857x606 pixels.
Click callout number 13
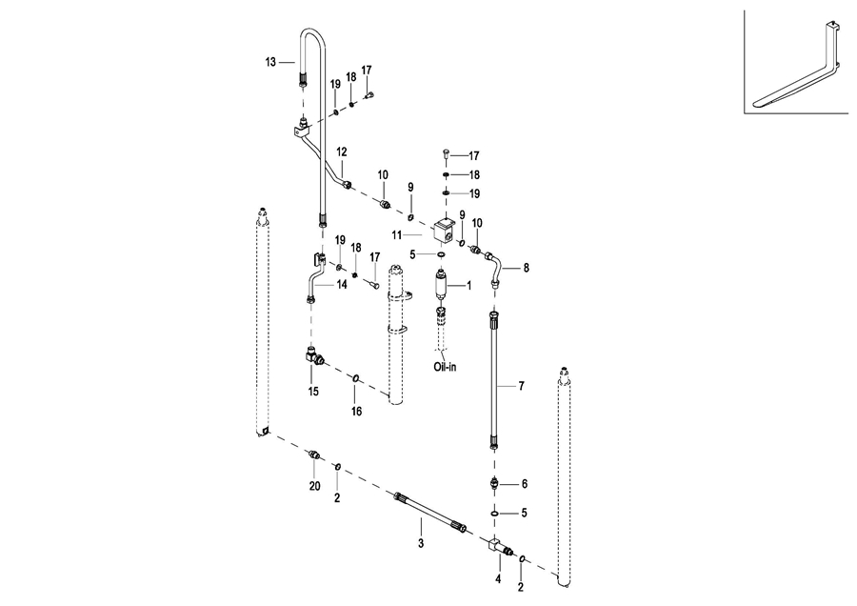pyautogui.click(x=270, y=62)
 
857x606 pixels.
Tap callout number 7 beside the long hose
pyautogui.click(x=522, y=386)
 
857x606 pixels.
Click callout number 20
pyautogui.click(x=315, y=486)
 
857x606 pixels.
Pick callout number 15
pyautogui.click(x=312, y=391)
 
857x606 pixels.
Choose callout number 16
pyautogui.click(x=357, y=412)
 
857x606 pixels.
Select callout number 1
pyautogui.click(x=468, y=286)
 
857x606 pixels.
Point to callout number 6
pyautogui.click(x=524, y=484)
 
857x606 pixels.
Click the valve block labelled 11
pyautogui.click(x=443, y=230)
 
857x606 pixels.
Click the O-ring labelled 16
pyautogui.click(x=355, y=379)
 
